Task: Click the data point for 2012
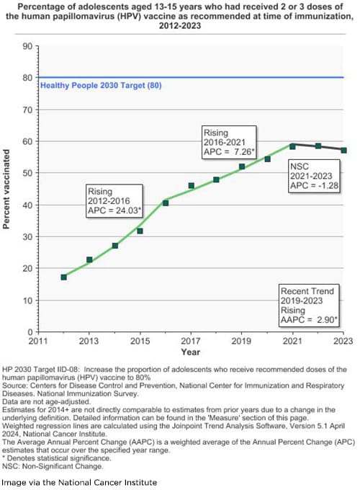coord(63,277)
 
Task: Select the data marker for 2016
coord(166,203)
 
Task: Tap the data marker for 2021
coord(292,146)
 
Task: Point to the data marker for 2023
coord(343,150)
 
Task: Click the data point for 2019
coord(242,166)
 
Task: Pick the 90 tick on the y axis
coord(27,46)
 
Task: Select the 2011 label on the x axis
coord(38,342)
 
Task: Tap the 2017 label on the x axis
coord(191,342)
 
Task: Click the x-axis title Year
coord(191,352)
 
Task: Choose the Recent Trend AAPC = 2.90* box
coord(310,306)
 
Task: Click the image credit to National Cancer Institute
coord(78,481)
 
